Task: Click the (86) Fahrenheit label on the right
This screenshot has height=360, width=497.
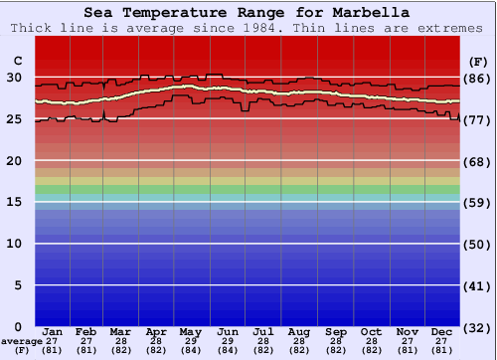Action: click(x=476, y=79)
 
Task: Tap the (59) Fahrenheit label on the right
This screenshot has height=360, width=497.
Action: click(x=476, y=203)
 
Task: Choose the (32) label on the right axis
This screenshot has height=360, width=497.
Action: click(x=476, y=327)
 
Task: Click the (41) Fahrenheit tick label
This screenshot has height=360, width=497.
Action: click(x=476, y=286)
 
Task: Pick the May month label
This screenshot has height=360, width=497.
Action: click(x=191, y=331)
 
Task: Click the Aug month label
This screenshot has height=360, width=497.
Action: click(x=299, y=331)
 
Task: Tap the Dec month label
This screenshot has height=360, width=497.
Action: click(x=442, y=331)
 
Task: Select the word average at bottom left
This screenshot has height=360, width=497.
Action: click(x=19, y=340)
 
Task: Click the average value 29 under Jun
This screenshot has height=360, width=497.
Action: click(x=228, y=340)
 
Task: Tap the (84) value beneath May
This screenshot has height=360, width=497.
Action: click(x=191, y=349)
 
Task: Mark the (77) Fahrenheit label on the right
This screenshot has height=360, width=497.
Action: click(x=476, y=120)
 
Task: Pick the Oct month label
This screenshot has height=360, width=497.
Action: click(x=371, y=331)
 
